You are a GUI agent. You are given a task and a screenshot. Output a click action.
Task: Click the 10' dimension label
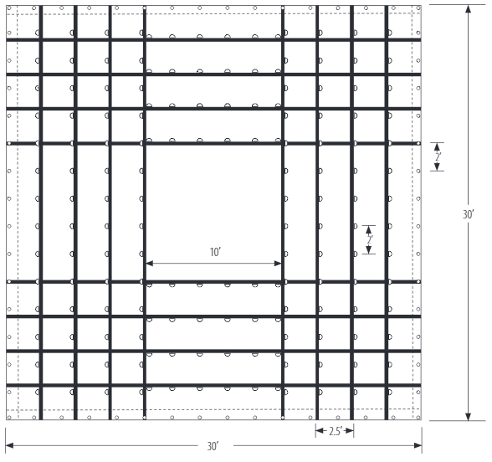click(216, 252)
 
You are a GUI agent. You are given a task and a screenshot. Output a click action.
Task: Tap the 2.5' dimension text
click(335, 432)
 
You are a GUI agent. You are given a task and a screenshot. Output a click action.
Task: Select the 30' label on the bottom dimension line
click(213, 446)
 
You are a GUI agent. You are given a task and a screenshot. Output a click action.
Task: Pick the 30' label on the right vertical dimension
click(469, 214)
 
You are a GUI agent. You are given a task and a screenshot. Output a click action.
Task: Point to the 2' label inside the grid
click(370, 239)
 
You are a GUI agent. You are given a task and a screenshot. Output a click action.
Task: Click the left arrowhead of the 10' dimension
click(150, 263)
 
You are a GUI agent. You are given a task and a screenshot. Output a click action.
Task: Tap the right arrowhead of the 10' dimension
click(278, 263)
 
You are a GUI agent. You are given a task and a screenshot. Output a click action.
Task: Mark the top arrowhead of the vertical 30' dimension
click(469, 9)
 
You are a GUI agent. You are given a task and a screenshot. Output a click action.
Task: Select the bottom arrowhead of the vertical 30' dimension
click(469, 417)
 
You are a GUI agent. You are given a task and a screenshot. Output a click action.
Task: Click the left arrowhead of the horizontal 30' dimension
click(9, 445)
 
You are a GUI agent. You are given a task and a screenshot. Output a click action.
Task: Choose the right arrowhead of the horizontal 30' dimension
click(418, 445)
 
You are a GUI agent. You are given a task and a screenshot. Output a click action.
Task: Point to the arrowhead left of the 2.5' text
click(320, 430)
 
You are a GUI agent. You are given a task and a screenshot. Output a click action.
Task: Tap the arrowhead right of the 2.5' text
click(350, 430)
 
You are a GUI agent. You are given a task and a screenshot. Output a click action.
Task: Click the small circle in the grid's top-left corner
click(9, 8)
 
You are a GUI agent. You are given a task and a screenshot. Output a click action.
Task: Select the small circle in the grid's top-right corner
click(418, 8)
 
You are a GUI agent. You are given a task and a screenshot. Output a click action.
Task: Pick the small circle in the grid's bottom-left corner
click(9, 418)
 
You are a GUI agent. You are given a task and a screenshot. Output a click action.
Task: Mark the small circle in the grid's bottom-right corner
click(418, 418)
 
